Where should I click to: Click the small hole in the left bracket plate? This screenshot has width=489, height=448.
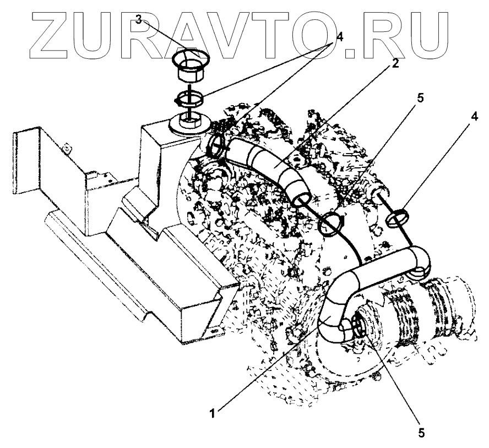coord(66,147)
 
